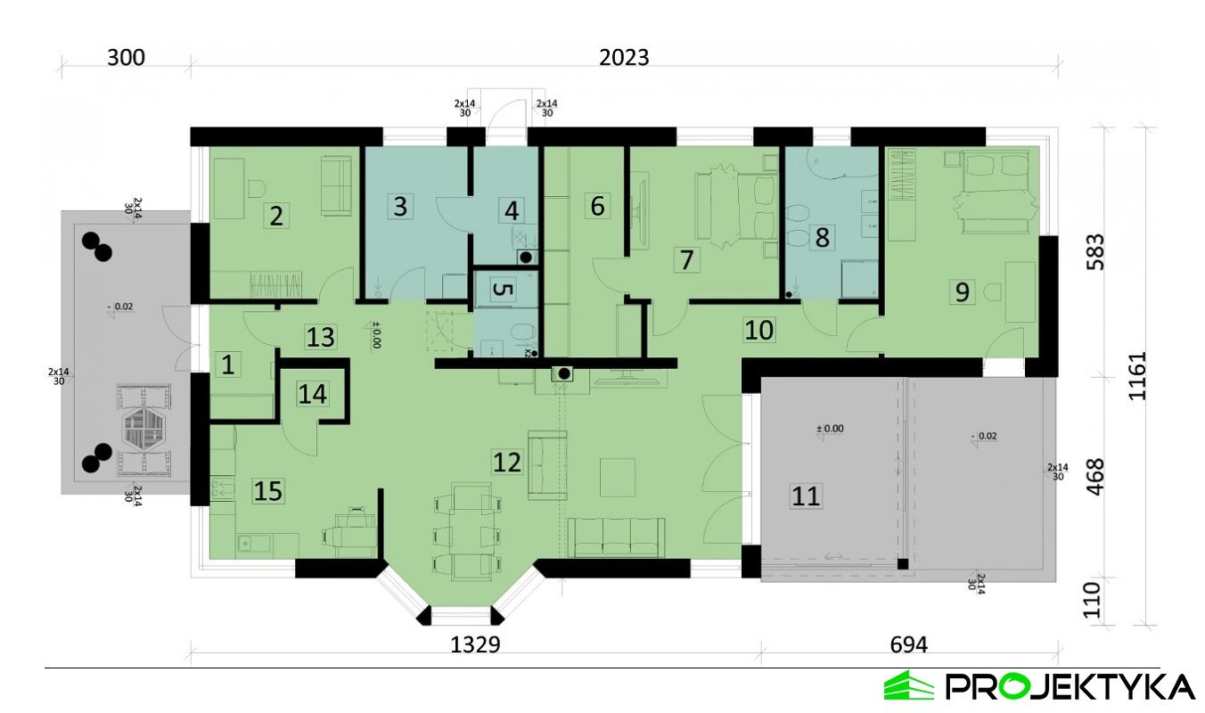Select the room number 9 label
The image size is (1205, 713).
tap(961, 291)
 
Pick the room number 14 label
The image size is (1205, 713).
tap(312, 393)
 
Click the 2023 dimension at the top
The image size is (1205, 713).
tap(624, 58)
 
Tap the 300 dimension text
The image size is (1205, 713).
tap(126, 58)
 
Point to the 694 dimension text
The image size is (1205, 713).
tap(908, 645)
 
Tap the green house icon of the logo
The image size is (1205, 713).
tap(908, 685)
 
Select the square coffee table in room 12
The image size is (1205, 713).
tap(618, 477)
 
